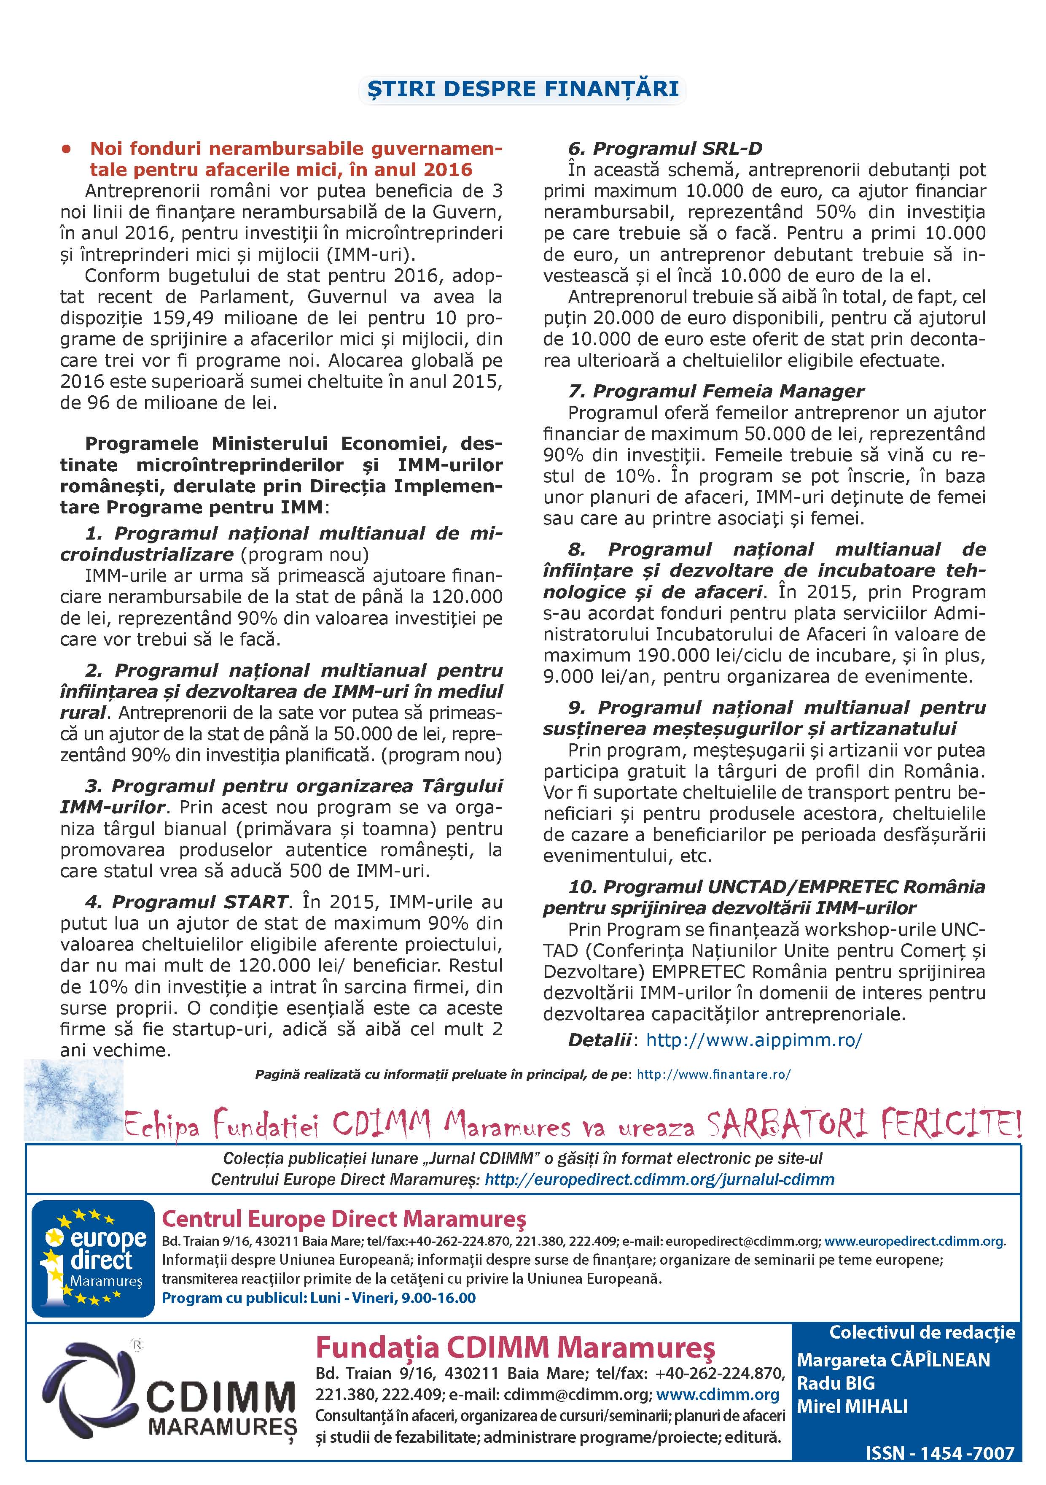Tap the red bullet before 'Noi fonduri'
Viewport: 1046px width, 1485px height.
pyautogui.click(x=65, y=149)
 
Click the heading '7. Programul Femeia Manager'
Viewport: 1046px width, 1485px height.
pyautogui.click(x=715, y=391)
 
